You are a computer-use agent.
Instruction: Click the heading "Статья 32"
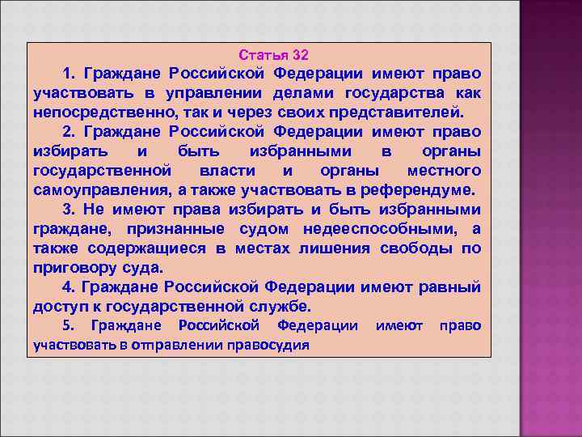pos(273,55)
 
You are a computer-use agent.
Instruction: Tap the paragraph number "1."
pos(68,73)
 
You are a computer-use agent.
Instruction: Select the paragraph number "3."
pos(68,210)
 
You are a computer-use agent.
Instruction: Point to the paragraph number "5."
pos(68,325)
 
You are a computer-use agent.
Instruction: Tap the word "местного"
pos(444,171)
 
